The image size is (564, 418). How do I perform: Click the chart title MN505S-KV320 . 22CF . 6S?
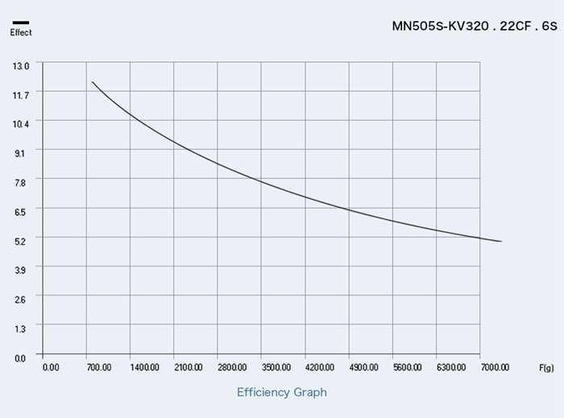pyautogui.click(x=474, y=26)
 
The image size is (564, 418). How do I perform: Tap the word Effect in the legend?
pyautogui.click(x=21, y=32)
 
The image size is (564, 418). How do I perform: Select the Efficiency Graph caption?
pyautogui.click(x=282, y=392)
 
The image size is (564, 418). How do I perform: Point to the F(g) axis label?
pyautogui.click(x=546, y=367)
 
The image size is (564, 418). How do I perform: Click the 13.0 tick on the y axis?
pyautogui.click(x=21, y=64)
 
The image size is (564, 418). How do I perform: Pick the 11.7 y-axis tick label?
pyautogui.click(x=21, y=94)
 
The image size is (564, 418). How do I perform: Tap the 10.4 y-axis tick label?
pyautogui.click(x=21, y=123)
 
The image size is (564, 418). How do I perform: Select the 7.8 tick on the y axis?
pyautogui.click(x=21, y=182)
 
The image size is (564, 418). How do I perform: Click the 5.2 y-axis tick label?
pyautogui.click(x=21, y=240)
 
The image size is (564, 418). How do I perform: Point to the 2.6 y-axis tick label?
pyautogui.click(x=21, y=299)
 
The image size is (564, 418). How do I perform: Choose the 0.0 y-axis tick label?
pyautogui.click(x=21, y=357)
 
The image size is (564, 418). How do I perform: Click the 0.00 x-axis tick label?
pyautogui.click(x=50, y=367)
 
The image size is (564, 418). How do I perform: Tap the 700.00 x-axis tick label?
pyautogui.click(x=98, y=367)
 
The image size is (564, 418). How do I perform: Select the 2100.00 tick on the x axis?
pyautogui.click(x=187, y=367)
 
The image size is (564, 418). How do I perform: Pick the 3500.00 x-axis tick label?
pyautogui.click(x=276, y=367)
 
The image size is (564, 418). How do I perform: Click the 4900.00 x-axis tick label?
pyautogui.click(x=363, y=367)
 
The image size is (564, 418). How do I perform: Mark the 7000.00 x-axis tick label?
pyautogui.click(x=494, y=367)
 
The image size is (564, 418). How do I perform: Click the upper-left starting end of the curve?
pyautogui.click(x=93, y=82)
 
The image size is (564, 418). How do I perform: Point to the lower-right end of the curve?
pyautogui.click(x=501, y=242)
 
